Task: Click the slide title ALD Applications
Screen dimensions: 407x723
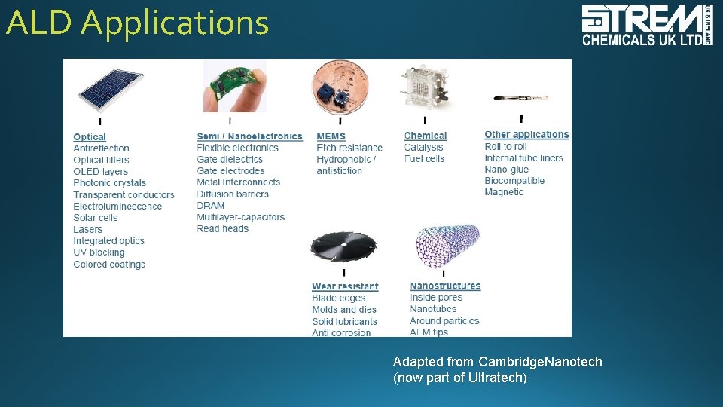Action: (x=137, y=23)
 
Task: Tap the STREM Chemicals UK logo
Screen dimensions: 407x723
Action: (x=646, y=25)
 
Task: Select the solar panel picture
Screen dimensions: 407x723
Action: (x=110, y=90)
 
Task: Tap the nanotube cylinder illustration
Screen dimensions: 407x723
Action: (x=447, y=246)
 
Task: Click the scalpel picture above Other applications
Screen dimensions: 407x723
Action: (x=520, y=97)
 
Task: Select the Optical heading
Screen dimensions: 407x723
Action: (x=90, y=137)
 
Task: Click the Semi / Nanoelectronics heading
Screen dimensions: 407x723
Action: (x=249, y=136)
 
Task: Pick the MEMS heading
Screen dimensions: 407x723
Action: (x=331, y=136)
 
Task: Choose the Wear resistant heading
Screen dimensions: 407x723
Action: (x=345, y=286)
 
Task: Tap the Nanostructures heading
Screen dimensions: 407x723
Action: (x=445, y=286)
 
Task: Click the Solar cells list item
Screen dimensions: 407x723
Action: (x=95, y=218)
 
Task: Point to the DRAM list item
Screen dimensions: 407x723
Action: (x=211, y=205)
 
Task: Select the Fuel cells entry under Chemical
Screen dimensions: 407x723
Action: (x=424, y=159)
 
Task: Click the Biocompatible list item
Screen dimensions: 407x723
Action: (x=514, y=181)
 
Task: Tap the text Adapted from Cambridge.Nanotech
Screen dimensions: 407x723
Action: (x=497, y=362)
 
